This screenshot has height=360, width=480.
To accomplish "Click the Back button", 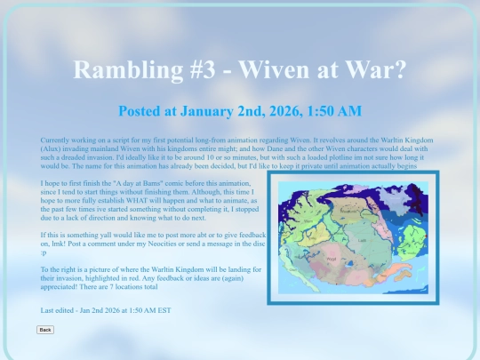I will point(45,330).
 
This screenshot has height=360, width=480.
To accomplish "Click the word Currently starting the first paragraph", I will point(58,141).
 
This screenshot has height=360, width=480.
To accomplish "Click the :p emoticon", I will point(44,250).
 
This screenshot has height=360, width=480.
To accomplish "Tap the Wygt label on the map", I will point(332,260).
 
